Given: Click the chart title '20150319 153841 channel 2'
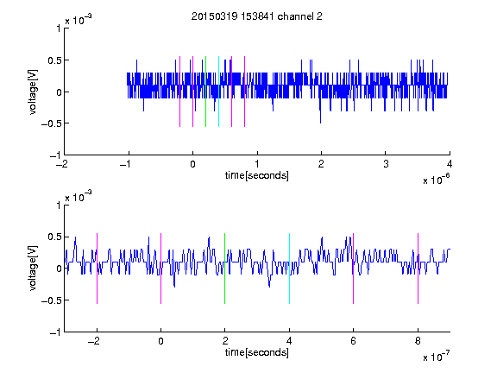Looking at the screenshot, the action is (x=257, y=16).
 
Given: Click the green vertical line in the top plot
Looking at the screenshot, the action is (x=205, y=92).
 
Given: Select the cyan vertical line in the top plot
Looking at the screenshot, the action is (x=218, y=92).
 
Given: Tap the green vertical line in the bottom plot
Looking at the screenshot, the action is (x=224, y=269).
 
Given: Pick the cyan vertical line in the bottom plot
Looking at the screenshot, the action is (x=289, y=269).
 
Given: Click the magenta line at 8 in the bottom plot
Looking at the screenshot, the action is (x=418, y=269).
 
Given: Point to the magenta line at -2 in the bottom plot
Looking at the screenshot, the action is (x=97, y=269).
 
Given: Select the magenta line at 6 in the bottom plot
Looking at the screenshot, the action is (x=353, y=269).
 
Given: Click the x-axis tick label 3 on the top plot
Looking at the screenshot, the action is (x=386, y=164).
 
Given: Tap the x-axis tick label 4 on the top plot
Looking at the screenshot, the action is (x=450, y=164).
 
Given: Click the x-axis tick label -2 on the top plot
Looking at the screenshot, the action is (x=61, y=164).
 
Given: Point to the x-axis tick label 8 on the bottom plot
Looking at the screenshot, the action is (x=418, y=341).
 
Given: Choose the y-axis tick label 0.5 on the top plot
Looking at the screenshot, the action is (x=54, y=60).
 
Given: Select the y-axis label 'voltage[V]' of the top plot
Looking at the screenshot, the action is (x=33, y=92).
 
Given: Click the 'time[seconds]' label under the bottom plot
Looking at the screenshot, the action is (x=257, y=352).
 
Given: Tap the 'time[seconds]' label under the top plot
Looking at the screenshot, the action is (x=257, y=175).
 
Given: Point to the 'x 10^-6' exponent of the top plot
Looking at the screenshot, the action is (x=436, y=180).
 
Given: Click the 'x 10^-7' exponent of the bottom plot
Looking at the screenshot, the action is (x=436, y=357).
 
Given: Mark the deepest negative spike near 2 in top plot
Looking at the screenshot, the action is (x=320, y=123).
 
